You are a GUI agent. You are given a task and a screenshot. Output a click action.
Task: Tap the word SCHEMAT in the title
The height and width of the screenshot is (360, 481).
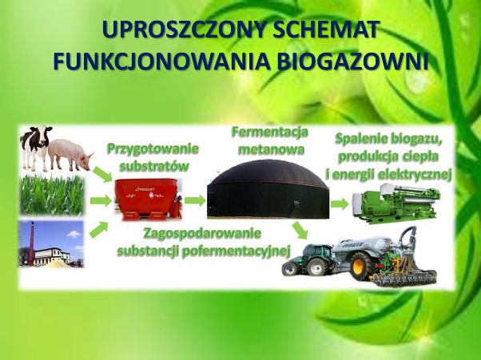coord(324,30)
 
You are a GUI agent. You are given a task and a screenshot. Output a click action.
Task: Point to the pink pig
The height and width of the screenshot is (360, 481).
coord(70,155)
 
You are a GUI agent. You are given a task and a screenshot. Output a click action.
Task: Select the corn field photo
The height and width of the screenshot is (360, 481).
coord(52,195)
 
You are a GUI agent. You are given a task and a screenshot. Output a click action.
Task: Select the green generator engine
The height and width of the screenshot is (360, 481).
coord(396,202)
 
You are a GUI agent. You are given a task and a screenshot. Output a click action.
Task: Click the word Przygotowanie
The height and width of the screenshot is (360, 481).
coord(153,149)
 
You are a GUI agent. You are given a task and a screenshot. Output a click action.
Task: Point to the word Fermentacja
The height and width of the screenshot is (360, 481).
coord(270,132)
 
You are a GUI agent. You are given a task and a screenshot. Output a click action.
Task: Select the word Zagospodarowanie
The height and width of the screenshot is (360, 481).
coord(202,233)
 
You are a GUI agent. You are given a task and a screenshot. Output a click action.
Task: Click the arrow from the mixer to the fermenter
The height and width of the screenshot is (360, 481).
coord(195,200)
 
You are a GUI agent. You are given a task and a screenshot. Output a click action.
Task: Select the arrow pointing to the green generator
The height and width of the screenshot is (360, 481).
coord(340,204)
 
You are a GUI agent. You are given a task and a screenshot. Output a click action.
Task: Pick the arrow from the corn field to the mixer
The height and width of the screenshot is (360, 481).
coord(101,201)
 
